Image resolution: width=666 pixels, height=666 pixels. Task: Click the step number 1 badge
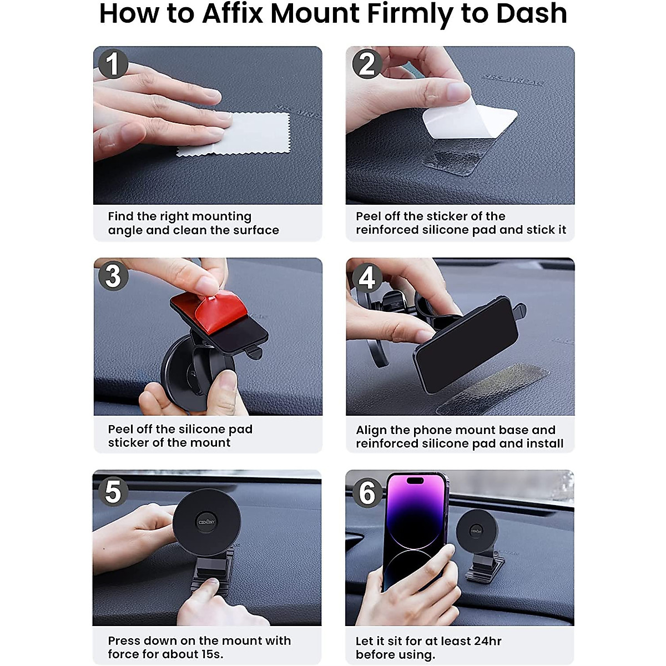[113, 64]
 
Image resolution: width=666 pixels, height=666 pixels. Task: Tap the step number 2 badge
[367, 64]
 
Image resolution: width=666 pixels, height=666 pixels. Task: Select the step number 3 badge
[113, 276]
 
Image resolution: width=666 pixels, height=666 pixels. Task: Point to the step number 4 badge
[367, 277]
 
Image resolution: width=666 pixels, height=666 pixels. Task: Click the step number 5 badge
[113, 491]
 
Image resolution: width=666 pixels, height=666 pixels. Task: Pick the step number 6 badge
[367, 492]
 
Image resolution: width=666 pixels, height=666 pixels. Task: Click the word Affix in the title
[232, 13]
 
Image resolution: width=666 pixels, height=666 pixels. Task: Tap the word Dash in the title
[531, 13]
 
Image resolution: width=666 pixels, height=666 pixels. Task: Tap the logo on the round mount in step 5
[206, 522]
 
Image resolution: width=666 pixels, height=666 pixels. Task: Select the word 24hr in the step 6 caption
[486, 641]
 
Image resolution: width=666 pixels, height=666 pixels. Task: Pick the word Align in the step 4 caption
[371, 430]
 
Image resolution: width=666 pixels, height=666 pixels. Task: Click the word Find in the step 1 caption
[120, 216]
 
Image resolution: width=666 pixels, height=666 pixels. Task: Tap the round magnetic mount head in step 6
[477, 530]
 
